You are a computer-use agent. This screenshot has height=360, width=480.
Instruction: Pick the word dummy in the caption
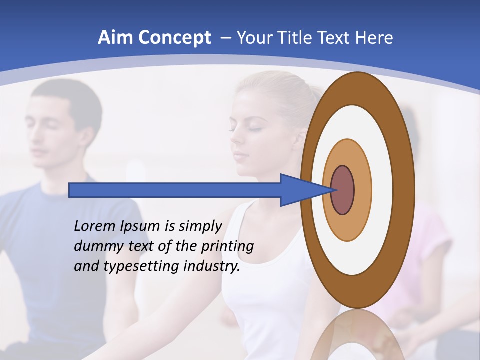point(95,246)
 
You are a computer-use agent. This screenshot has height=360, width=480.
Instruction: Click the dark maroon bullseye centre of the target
point(343,190)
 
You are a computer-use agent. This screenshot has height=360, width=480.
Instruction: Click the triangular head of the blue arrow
point(300,190)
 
